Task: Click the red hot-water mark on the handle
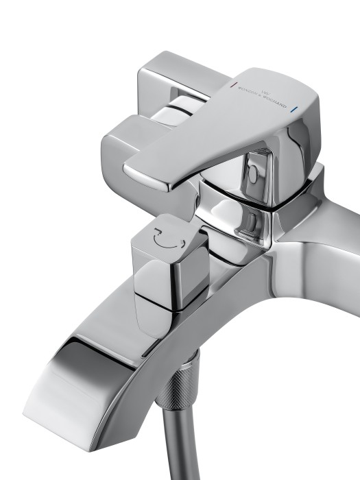pyautogui.click(x=234, y=86)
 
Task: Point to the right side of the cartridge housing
pyautogui.click(x=302, y=199)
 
